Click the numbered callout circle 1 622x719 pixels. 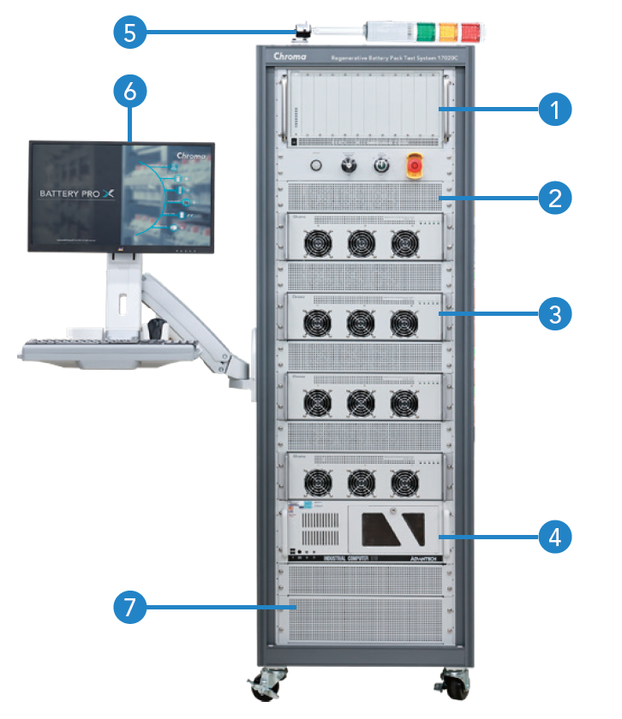click(555, 110)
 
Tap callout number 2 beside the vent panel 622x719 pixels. click(555, 199)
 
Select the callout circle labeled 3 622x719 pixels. click(555, 314)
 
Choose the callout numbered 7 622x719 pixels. click(129, 608)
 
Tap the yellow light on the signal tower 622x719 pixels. click(448, 32)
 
